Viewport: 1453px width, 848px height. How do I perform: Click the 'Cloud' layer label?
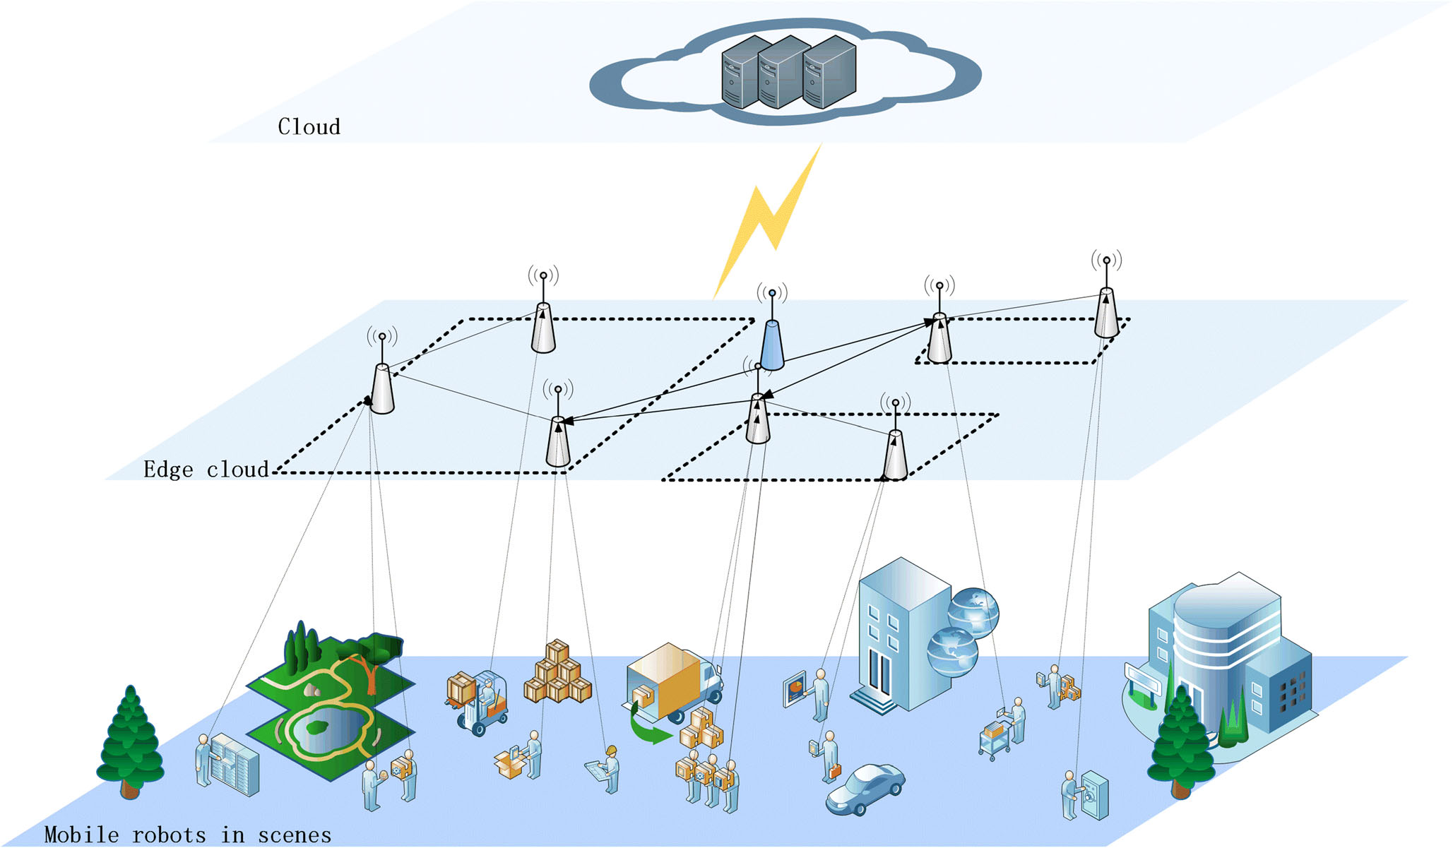coord(309,127)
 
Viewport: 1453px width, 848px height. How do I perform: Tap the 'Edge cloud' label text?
coord(206,470)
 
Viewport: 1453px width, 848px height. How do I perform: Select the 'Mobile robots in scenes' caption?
coord(187,835)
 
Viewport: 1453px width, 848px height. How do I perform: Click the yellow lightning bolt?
coord(770,219)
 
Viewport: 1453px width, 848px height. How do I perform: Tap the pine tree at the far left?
coord(130,741)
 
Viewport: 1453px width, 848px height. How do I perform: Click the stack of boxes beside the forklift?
coord(557,674)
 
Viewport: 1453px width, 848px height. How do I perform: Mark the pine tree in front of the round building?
coord(1180,741)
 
